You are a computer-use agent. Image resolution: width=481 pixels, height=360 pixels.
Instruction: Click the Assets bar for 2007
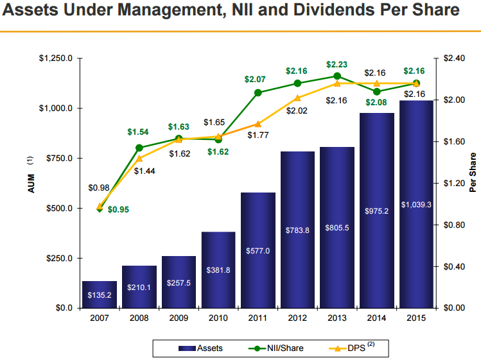click(x=100, y=295)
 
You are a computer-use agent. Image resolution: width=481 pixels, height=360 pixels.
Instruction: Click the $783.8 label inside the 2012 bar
click(x=297, y=230)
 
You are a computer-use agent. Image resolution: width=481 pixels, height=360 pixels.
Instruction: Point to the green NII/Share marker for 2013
click(x=337, y=76)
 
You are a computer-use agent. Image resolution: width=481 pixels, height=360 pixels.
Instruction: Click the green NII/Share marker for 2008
click(x=139, y=148)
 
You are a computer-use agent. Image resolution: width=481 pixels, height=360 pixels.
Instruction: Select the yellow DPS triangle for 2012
click(x=297, y=98)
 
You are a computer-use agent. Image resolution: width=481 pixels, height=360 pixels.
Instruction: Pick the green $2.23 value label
click(x=337, y=64)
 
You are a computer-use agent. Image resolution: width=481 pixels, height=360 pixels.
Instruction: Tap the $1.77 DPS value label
click(x=257, y=135)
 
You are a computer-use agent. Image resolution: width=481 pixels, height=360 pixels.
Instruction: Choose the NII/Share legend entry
click(x=276, y=348)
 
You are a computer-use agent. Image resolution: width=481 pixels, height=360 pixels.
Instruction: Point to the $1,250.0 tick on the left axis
click(x=57, y=58)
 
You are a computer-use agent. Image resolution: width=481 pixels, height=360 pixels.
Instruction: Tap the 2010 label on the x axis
click(x=218, y=318)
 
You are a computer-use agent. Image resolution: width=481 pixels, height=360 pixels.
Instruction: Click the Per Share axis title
click(x=473, y=173)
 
